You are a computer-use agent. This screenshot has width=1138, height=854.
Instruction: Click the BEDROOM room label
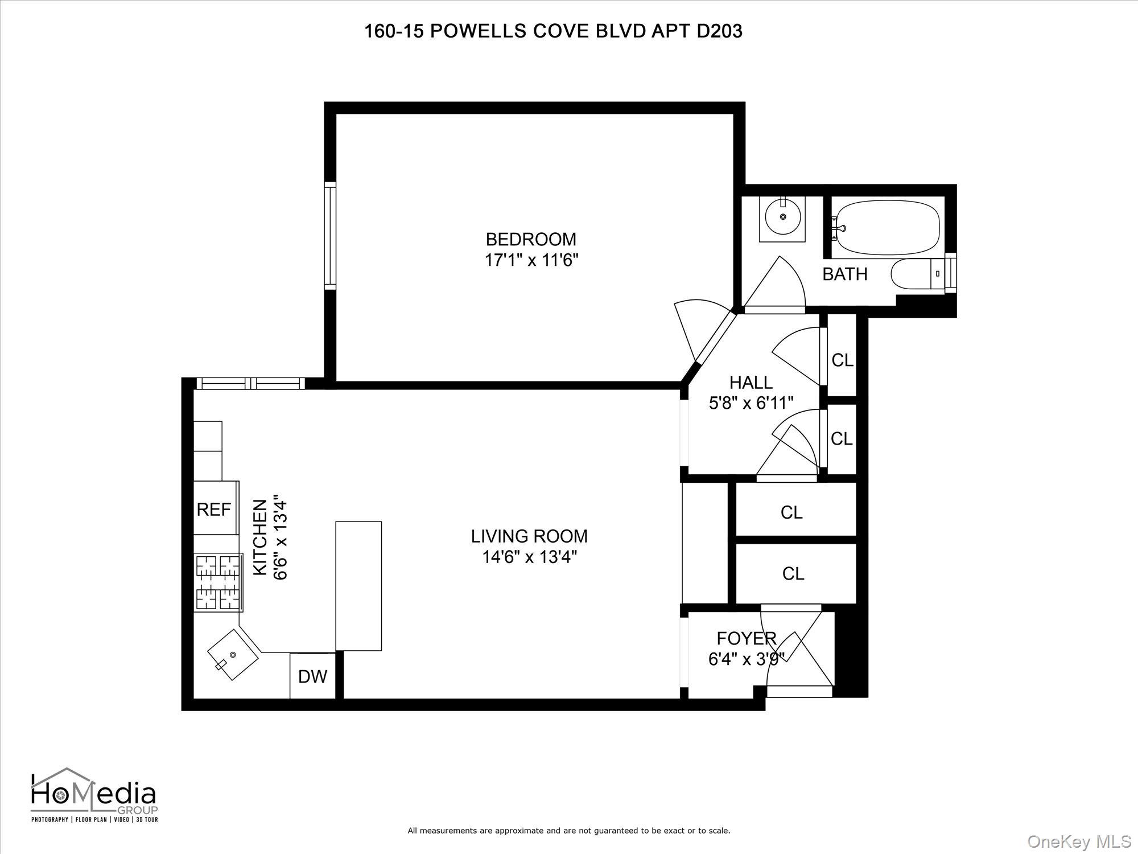(x=530, y=239)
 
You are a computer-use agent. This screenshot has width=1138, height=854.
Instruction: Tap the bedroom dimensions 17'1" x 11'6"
(x=531, y=261)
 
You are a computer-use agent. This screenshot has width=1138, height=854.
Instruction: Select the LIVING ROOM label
(x=529, y=536)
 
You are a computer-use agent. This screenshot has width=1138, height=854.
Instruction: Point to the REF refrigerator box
(x=215, y=508)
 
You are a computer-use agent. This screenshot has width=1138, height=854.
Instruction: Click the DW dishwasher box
(x=312, y=676)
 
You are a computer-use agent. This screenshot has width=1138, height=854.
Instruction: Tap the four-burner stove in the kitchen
(x=217, y=582)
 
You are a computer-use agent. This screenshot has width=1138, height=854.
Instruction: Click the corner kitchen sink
(x=232, y=655)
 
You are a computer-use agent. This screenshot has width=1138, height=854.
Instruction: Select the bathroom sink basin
(x=783, y=217)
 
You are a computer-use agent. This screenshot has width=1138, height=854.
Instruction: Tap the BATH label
(x=845, y=274)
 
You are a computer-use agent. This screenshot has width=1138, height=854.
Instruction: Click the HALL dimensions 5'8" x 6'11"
(x=751, y=404)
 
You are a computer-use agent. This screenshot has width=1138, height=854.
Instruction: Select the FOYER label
(x=746, y=639)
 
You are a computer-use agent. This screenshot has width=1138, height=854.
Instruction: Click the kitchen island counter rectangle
(x=358, y=585)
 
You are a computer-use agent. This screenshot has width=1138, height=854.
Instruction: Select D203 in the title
(x=719, y=31)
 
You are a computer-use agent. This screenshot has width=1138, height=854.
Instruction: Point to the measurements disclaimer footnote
(x=568, y=831)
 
